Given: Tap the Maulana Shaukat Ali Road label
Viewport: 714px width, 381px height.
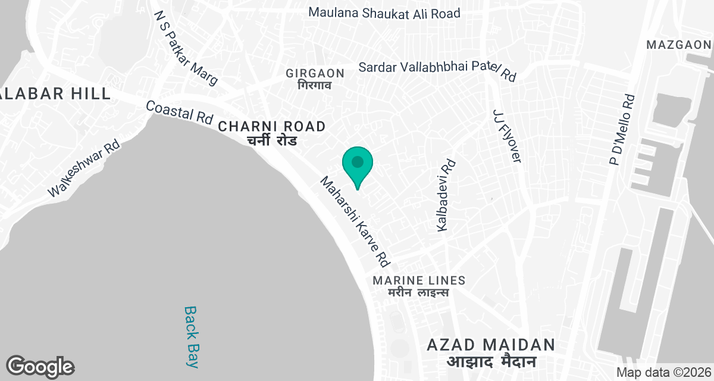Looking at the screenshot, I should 384,13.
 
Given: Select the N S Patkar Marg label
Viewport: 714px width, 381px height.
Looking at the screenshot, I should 186,47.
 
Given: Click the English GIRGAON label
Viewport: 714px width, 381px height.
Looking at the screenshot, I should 315,73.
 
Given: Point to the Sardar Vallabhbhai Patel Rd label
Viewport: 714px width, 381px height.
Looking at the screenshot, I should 437,70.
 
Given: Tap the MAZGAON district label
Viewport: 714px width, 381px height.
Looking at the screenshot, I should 678,45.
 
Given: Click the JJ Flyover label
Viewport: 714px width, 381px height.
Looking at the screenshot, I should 506,135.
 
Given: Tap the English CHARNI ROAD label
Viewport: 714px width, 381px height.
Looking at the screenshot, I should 272,126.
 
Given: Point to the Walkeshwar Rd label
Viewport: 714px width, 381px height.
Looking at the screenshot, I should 84,169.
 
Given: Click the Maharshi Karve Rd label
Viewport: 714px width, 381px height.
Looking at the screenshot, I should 355,221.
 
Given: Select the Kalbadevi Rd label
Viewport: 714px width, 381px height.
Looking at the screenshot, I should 446,195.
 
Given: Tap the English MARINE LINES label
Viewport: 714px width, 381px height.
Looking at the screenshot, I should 419,280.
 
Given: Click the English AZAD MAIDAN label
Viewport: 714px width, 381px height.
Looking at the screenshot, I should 491,345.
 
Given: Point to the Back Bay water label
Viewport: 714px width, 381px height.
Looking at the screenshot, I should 190,336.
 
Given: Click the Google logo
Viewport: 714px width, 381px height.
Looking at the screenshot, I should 40,367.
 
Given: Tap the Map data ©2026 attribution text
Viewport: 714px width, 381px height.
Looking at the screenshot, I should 663,372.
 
